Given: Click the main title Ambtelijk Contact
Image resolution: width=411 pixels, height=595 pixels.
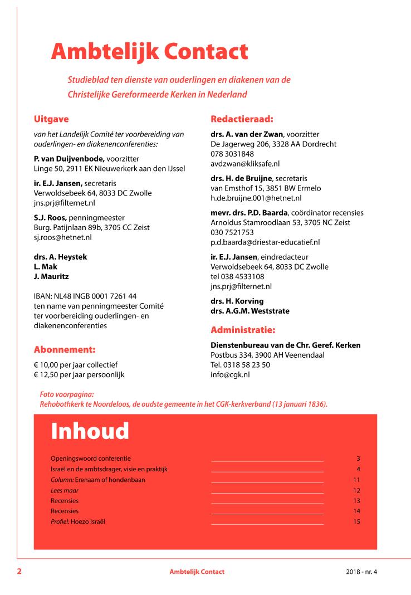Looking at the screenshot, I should tap(149, 52).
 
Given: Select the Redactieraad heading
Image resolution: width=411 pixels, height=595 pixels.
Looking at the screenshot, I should tap(242, 119).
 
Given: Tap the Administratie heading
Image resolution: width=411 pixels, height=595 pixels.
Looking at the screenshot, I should tap(243, 329).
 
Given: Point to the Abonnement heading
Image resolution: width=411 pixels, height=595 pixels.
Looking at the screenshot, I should tap(65, 350).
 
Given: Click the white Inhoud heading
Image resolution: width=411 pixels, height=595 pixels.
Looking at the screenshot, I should tap(90, 431).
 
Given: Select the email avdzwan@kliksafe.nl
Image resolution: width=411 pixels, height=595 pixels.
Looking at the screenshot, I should tap(245, 163).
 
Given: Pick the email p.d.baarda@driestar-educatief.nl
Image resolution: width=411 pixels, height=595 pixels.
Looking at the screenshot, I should tap(265, 242).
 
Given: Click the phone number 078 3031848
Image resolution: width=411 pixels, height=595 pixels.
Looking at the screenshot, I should tap(232, 154).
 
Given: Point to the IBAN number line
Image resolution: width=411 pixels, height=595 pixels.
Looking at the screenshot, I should tap(85, 296).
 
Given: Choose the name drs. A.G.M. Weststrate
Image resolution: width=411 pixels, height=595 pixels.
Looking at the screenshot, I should tap(250, 311).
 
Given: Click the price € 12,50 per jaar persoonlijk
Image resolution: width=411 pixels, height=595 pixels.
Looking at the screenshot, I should tap(79, 374).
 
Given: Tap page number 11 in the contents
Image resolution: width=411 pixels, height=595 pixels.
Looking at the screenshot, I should tap(356, 480).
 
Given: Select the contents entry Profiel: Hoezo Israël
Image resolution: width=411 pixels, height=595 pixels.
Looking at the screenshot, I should tap(78, 521).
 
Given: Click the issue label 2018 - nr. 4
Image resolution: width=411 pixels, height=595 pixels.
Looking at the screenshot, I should tap(361, 572).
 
